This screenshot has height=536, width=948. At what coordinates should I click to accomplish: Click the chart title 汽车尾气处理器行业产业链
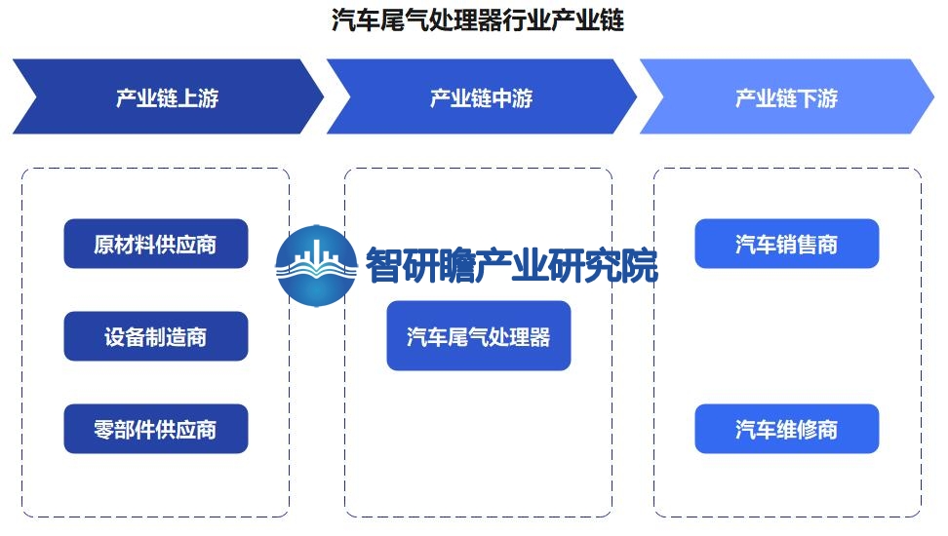pyautogui.click(x=478, y=19)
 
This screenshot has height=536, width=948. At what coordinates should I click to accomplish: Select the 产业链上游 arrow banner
pyautogui.click(x=168, y=96)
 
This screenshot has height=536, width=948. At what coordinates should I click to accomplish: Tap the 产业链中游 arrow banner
pyautogui.click(x=481, y=96)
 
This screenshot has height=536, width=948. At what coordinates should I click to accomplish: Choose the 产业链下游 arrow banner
pyautogui.click(x=786, y=96)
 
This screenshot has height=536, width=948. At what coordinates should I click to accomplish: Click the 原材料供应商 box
pyautogui.click(x=156, y=244)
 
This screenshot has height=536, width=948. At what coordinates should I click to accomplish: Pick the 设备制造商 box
pyautogui.click(x=156, y=336)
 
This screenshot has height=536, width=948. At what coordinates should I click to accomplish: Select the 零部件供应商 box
pyautogui.click(x=156, y=429)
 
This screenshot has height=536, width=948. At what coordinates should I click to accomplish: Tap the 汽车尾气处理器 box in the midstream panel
pyautogui.click(x=479, y=336)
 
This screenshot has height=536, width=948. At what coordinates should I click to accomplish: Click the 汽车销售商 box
pyautogui.click(x=786, y=244)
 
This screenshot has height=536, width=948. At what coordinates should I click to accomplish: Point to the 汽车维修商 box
pyautogui.click(x=786, y=429)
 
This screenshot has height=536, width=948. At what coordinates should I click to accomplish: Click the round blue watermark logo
pyautogui.click(x=316, y=266)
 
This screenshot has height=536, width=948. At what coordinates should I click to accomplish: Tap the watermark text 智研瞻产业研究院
pyautogui.click(x=511, y=265)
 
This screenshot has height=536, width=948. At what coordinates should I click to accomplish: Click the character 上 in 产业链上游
pyautogui.click(x=188, y=97)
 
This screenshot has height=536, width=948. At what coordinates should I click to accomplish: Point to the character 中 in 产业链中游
pyautogui.click(x=502, y=97)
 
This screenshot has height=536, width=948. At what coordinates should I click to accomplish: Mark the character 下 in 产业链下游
pyautogui.click(x=808, y=97)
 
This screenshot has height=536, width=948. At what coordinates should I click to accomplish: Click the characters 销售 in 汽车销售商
pyautogui.click(x=797, y=245)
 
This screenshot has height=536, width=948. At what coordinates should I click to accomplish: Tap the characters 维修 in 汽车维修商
pyautogui.click(x=797, y=429)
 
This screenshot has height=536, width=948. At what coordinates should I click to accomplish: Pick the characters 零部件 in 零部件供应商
pyautogui.click(x=125, y=429)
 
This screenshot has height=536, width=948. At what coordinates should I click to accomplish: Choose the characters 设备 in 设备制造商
pyautogui.click(x=125, y=336)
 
